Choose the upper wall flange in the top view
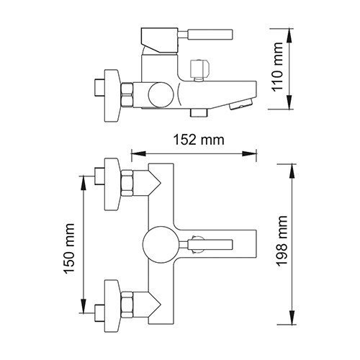(111, 184)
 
